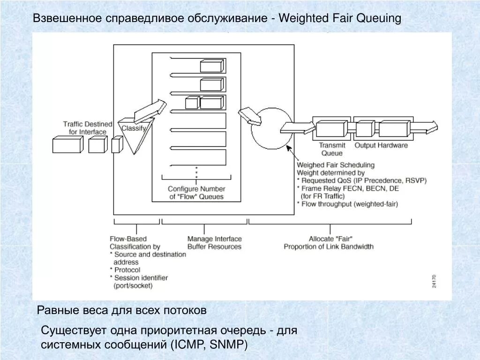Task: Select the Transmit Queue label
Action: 332,149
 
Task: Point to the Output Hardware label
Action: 381,145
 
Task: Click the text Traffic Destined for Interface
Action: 88,128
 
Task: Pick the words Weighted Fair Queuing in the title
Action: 340,18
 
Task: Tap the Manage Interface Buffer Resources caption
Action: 214,243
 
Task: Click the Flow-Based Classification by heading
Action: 135,243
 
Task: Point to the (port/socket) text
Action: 133,285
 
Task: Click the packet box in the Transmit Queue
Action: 331,128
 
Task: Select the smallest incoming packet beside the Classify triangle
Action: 117,144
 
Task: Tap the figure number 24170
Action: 434,281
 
